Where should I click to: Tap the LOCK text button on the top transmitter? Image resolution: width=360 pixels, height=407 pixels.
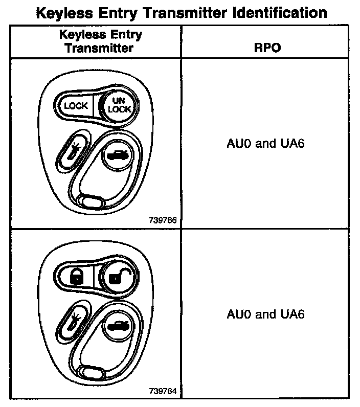pyautogui.click(x=75, y=106)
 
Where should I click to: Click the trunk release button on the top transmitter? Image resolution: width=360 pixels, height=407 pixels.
pyautogui.click(x=118, y=155)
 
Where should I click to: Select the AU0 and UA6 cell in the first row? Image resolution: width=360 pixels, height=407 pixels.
pyautogui.click(x=265, y=144)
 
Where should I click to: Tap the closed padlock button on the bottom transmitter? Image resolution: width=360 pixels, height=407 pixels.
pyautogui.click(x=75, y=277)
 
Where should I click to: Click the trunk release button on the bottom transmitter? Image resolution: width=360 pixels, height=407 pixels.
pyautogui.click(x=118, y=326)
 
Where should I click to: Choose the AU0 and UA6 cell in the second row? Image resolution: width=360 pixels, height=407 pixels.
pyautogui.click(x=265, y=314)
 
